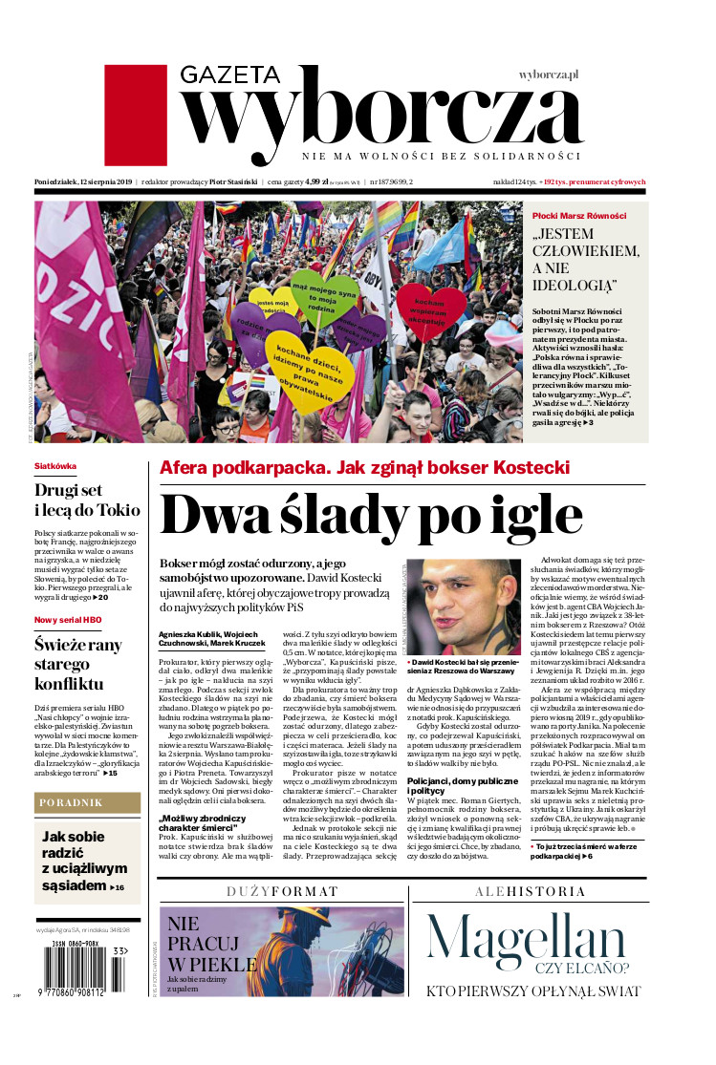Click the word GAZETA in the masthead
pyautogui.click(x=230, y=76)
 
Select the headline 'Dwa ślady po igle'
pyautogui.click(x=371, y=516)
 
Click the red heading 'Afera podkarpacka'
pyautogui.click(x=364, y=468)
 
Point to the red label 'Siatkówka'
pyautogui.click(x=54, y=466)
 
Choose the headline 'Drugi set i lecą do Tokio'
pyautogui.click(x=86, y=499)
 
